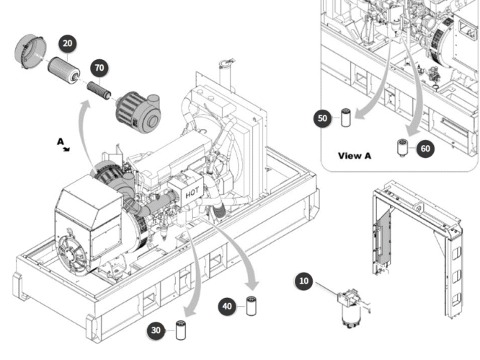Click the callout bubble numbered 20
click(x=67, y=44)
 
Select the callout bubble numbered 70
click(x=99, y=69)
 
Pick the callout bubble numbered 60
click(x=425, y=149)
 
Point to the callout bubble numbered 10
click(x=304, y=281)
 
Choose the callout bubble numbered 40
click(x=227, y=307)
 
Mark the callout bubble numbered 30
click(x=156, y=330)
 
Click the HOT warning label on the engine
click(x=192, y=193)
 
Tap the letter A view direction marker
click(x=61, y=142)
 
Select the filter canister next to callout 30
click(x=180, y=330)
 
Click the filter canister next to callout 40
click(x=252, y=306)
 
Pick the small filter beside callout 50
click(x=345, y=117)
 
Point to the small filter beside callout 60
click(x=402, y=148)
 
